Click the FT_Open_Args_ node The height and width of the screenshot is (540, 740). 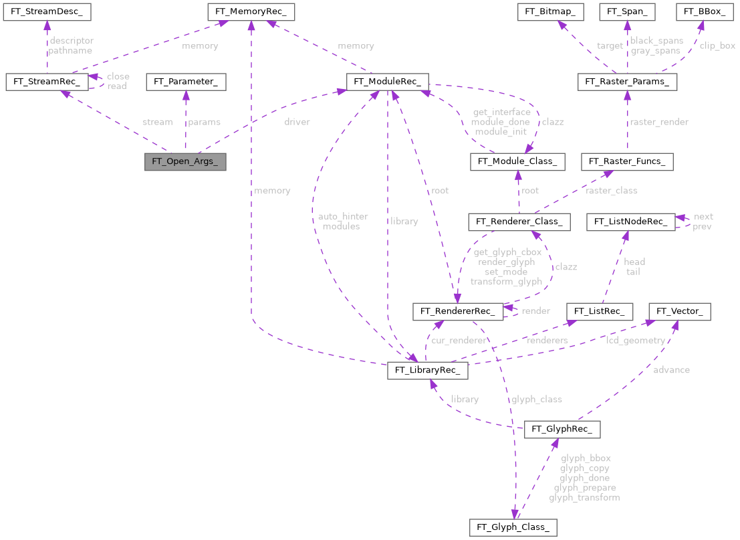(185, 162)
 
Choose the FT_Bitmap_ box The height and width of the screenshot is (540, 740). (552, 11)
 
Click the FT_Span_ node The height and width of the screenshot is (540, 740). (627, 11)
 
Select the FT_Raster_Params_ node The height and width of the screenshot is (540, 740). (627, 82)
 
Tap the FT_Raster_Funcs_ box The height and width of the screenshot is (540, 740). (627, 161)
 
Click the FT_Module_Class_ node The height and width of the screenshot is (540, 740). (518, 161)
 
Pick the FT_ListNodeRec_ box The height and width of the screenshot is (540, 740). (629, 221)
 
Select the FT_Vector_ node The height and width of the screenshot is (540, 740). (680, 311)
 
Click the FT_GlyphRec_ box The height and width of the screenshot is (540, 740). (562, 429)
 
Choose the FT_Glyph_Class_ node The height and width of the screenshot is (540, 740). (513, 527)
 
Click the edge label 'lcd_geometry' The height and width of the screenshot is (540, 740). (635, 341)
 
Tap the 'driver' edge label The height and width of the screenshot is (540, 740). (297, 122)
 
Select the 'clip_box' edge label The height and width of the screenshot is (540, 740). (717, 46)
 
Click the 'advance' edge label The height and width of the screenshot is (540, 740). (672, 369)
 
